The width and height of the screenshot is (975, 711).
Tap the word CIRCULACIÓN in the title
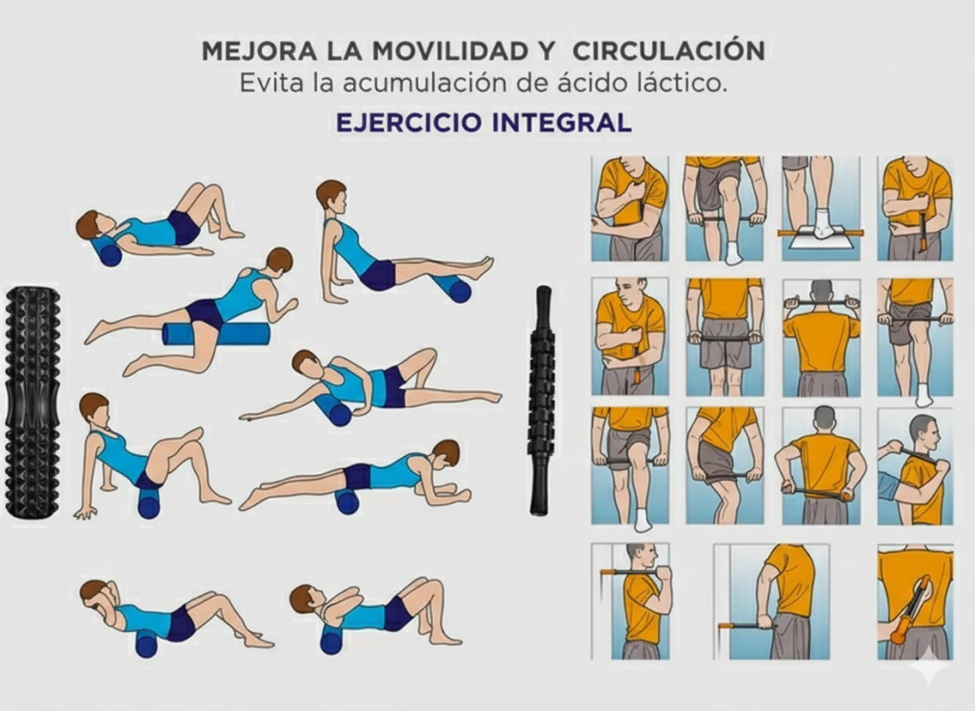tap(668, 50)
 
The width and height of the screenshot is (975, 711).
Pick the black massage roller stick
tap(541, 401)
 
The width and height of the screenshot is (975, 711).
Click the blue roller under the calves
tap(452, 286)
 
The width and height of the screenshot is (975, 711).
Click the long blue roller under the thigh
tap(216, 334)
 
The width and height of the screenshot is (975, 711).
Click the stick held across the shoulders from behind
tap(822, 304)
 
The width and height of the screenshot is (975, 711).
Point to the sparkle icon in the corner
tap(929, 665)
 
